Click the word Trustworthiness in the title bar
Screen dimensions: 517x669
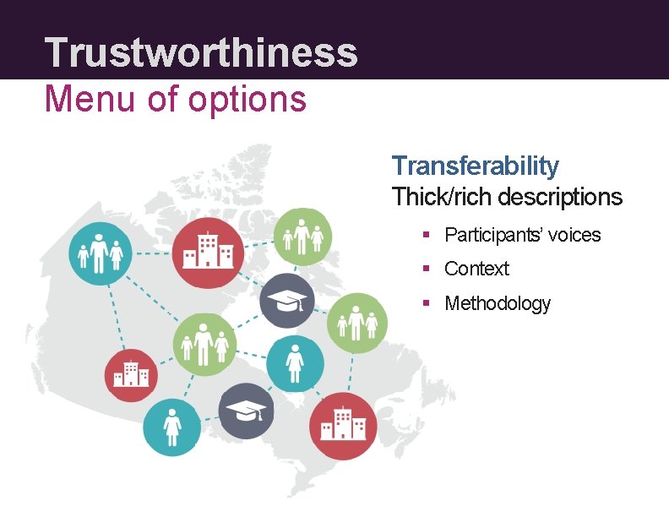[201, 52]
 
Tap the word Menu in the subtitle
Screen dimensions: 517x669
[86, 99]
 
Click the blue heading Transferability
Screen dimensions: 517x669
[476, 166]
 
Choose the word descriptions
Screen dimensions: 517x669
[560, 198]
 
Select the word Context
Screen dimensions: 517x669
[476, 269]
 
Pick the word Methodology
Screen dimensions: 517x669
[498, 303]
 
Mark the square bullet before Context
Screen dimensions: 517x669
[427, 269]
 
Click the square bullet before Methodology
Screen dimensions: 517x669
[427, 303]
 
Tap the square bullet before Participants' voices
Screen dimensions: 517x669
[427, 235]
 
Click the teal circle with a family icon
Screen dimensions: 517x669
[99, 252]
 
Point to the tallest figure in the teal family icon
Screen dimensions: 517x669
[99, 252]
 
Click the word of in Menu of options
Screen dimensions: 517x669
[162, 99]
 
